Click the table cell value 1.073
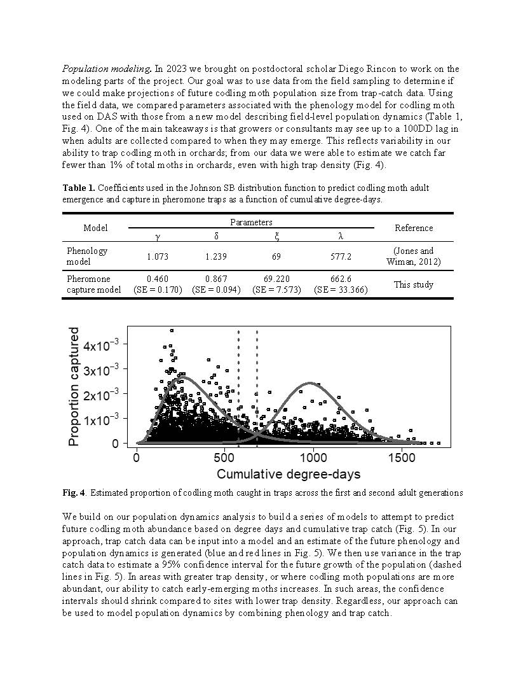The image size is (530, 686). click(158, 256)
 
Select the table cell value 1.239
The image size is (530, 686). click(216, 256)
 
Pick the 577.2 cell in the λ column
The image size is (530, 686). click(341, 256)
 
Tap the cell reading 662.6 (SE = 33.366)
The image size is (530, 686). click(341, 284)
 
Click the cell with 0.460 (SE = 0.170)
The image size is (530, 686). click(158, 284)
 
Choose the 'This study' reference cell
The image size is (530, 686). click(414, 284)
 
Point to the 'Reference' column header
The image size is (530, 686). click(414, 228)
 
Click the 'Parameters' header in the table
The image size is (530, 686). click(251, 222)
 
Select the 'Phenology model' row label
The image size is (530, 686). click(87, 256)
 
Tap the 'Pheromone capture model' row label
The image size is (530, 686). click(88, 284)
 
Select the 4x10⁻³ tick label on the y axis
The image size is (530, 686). click(102, 346)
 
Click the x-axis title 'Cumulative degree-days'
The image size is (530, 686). click(289, 474)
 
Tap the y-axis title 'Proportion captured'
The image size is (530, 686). click(74, 386)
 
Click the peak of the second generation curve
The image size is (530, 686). click(310, 383)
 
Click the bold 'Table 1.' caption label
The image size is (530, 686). click(79, 188)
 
